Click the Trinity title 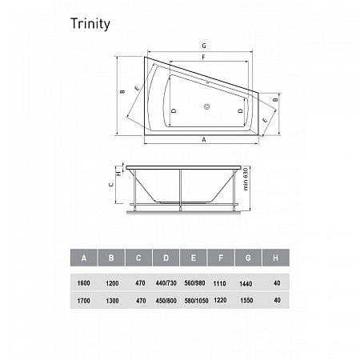[x=90, y=24]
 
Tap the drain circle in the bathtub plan [x=206, y=106]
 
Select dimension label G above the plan [x=204, y=46]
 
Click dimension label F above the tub [x=203, y=58]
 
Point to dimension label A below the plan [x=204, y=140]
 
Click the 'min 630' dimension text [x=246, y=179]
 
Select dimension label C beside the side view [x=111, y=185]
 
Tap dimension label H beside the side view [x=119, y=173]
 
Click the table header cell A [x=84, y=258]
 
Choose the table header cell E [x=194, y=258]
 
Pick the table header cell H [x=276, y=258]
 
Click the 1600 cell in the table [x=83, y=283]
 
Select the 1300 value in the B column [x=112, y=301]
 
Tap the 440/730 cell [x=166, y=283]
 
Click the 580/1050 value [x=196, y=301]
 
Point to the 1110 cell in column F [x=219, y=283]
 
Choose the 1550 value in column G [x=246, y=301]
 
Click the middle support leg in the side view [x=180, y=190]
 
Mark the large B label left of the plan [x=122, y=91]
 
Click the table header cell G [x=248, y=258]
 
